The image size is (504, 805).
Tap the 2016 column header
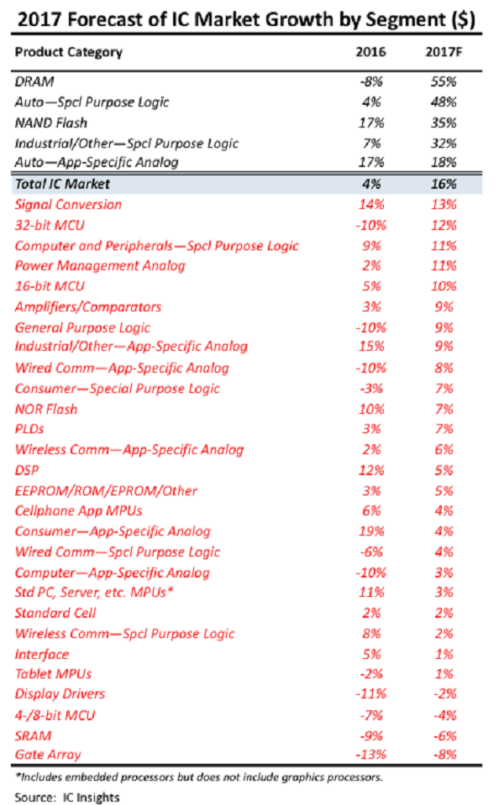click(370, 52)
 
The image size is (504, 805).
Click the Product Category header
click(69, 52)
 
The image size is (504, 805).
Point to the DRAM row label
click(34, 82)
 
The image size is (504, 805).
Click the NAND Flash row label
click(53, 123)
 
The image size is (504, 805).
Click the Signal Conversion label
click(68, 205)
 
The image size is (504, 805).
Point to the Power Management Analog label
click(100, 266)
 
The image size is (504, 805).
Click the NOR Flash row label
click(46, 409)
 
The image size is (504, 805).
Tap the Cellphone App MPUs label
click(78, 510)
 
